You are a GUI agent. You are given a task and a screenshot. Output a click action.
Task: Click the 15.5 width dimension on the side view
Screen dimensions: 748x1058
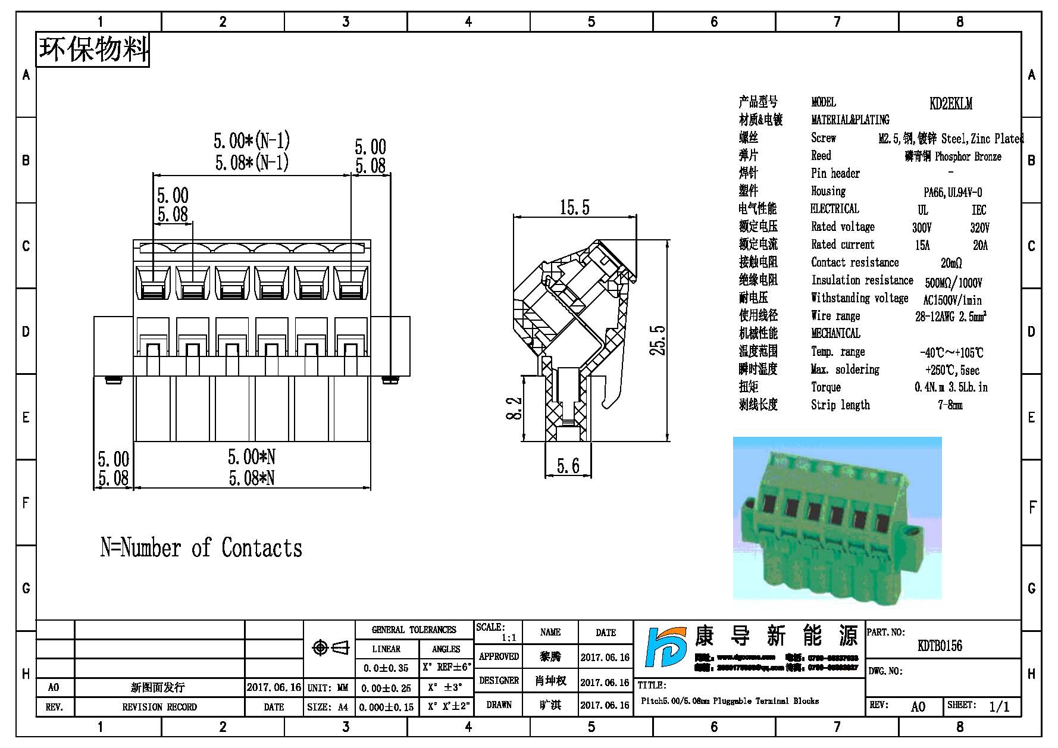point(574,208)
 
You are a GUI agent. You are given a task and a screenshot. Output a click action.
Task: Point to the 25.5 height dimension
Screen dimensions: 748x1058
point(658,341)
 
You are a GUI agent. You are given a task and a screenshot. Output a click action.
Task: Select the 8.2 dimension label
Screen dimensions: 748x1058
point(514,408)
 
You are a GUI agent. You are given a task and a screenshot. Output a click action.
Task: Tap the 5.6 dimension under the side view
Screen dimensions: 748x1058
point(568,466)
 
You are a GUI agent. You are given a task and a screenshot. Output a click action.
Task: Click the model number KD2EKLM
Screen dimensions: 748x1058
point(951,104)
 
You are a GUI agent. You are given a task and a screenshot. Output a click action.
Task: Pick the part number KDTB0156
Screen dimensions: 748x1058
point(940,646)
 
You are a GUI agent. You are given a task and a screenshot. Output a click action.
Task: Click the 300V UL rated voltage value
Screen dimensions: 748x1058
point(922,228)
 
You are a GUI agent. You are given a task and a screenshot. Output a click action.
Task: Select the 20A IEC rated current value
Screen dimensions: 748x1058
point(980,245)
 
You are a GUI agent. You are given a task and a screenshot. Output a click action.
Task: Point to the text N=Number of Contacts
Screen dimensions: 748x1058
point(201,548)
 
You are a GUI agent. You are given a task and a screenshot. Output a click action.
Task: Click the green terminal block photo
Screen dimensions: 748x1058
point(837,518)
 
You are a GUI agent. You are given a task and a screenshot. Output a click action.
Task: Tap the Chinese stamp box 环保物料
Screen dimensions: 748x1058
point(93,49)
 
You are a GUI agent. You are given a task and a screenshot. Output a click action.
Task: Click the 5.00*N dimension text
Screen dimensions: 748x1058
point(252,457)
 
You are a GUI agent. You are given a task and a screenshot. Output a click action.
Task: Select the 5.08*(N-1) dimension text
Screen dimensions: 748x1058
point(252,162)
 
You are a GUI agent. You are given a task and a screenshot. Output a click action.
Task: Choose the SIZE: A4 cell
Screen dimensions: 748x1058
point(328,708)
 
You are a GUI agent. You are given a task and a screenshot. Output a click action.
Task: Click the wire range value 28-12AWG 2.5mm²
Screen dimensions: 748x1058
point(950,317)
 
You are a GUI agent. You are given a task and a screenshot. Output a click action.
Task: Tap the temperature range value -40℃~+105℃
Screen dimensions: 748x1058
point(951,352)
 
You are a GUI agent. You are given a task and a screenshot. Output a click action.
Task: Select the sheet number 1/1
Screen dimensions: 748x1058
point(999,707)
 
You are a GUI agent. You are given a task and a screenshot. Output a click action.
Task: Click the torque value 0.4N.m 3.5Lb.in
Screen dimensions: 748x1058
point(951,387)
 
